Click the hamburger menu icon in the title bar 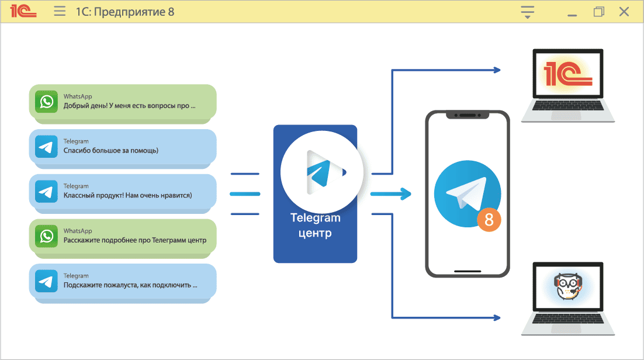point(60,12)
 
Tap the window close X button point(624,12)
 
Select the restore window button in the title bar point(598,12)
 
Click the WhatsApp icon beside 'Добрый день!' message point(46,102)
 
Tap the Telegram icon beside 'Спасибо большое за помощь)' point(46,147)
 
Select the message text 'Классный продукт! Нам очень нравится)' point(127,195)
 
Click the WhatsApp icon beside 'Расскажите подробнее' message point(46,236)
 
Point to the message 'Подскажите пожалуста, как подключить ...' point(130,286)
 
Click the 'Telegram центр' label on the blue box point(315,226)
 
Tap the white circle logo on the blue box point(321,172)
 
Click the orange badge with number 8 point(489,220)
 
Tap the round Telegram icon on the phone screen point(467,193)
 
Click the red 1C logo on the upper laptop point(567,75)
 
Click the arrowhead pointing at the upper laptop point(497,70)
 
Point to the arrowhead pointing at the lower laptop point(497,319)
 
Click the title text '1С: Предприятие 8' point(125,12)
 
